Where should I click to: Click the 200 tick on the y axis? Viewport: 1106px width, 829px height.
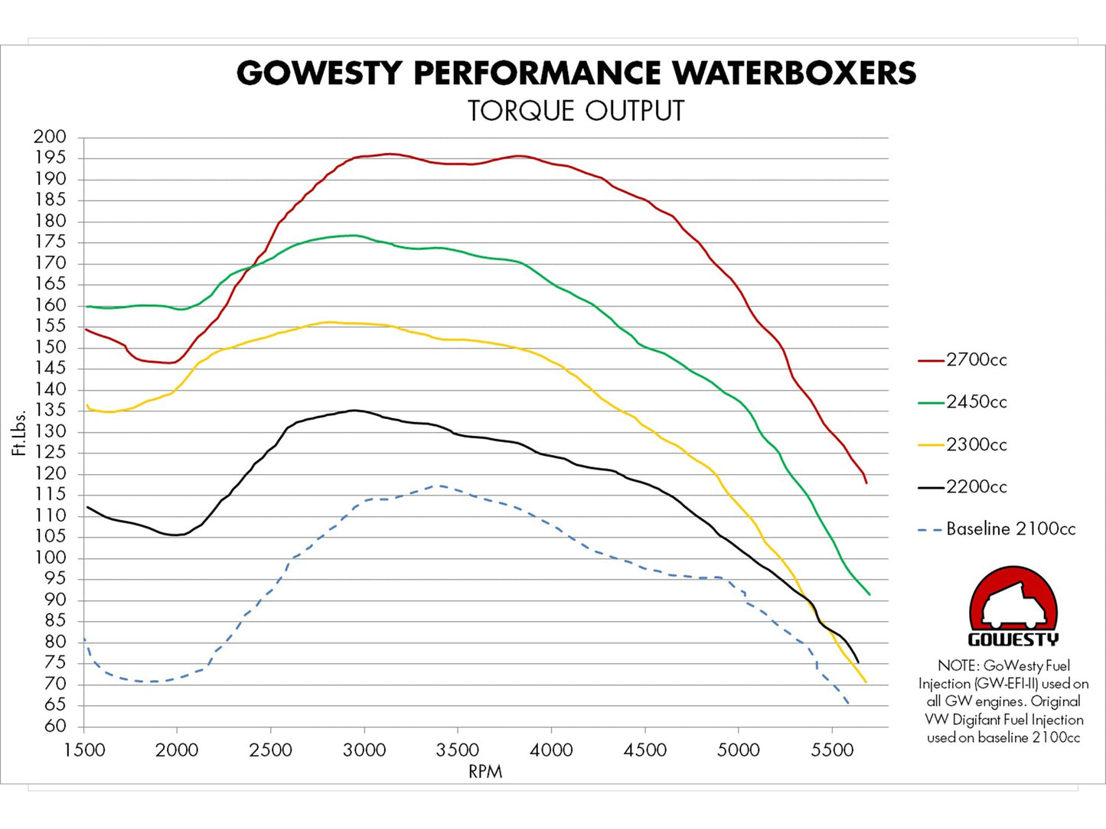click(x=50, y=137)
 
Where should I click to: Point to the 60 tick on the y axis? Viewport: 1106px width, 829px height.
click(x=55, y=726)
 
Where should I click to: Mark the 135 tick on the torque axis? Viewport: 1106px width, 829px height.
click(x=50, y=410)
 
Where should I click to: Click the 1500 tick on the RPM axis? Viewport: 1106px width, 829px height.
click(x=84, y=750)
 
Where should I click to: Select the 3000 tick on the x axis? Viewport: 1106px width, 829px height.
click(x=364, y=750)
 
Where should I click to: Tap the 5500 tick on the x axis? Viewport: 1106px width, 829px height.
click(x=832, y=750)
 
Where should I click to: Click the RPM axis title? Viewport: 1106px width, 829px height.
click(x=485, y=772)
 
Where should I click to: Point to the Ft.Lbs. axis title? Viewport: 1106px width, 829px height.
click(x=19, y=432)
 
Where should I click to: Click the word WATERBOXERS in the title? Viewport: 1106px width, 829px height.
click(x=794, y=73)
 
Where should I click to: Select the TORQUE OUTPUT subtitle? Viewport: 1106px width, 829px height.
click(x=576, y=112)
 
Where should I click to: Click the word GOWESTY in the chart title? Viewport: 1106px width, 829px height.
click(x=318, y=73)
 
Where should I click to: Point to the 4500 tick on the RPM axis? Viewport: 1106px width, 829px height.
click(x=644, y=750)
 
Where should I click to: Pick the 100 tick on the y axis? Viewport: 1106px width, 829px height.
click(x=50, y=558)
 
